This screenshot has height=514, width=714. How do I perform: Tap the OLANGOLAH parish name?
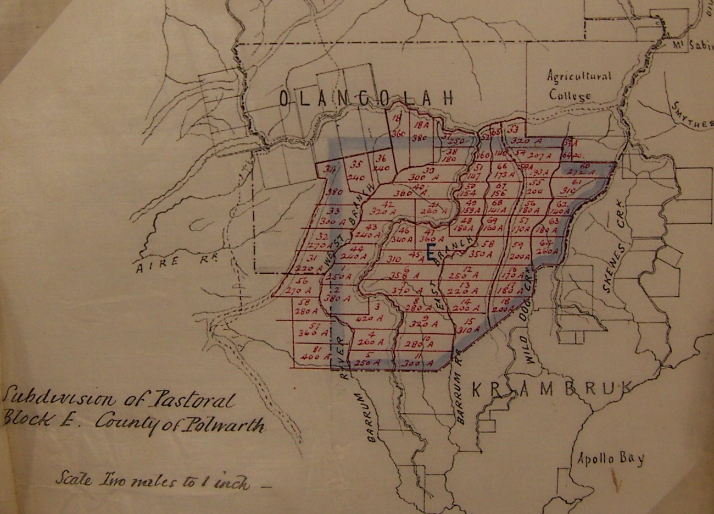point(366,98)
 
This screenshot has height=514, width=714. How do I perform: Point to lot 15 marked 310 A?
point(468,325)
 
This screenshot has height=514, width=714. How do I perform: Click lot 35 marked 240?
point(358,170)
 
